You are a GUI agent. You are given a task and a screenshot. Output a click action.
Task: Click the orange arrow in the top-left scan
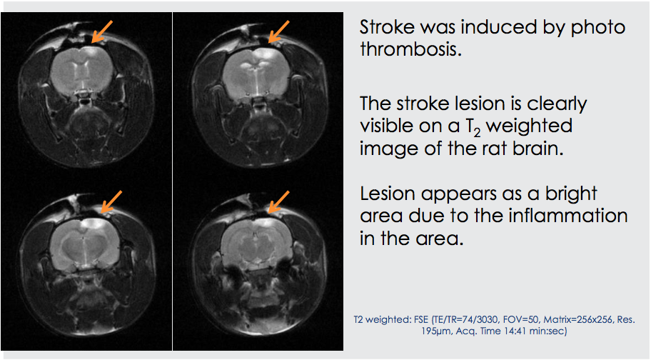tap(101, 31)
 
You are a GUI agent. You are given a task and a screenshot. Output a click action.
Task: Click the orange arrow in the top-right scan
tap(278, 31)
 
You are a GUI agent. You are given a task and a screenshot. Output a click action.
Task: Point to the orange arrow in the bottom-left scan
tap(111, 202)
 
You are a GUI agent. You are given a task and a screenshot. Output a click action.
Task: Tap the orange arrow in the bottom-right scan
tap(279, 202)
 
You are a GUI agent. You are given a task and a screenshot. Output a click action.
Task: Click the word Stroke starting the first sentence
tap(387, 27)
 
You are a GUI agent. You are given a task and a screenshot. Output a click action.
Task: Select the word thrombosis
tap(411, 49)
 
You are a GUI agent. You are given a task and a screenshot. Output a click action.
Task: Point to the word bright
tap(571, 194)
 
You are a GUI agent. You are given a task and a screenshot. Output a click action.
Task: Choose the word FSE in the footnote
tap(421, 320)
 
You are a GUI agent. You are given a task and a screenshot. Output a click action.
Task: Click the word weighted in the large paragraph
tap(530, 126)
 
